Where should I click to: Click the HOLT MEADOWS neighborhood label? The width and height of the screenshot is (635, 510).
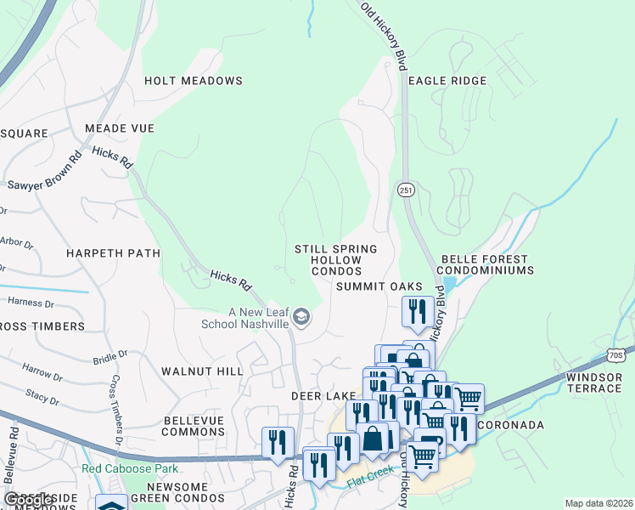pos(194,81)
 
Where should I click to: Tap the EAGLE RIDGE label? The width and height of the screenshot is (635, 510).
pos(447,81)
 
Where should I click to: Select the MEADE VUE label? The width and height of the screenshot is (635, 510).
pos(120,128)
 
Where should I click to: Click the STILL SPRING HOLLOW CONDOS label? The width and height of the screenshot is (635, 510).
pos(335,259)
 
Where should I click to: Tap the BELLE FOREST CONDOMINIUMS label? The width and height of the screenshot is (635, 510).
pos(485,264)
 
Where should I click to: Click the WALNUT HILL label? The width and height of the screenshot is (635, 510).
pos(201,371)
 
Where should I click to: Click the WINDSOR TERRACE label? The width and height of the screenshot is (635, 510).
pos(594,382)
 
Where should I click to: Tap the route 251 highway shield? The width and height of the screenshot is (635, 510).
pos(406,190)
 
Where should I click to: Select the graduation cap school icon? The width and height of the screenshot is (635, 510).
pos(301,318)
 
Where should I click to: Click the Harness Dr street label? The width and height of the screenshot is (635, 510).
pos(31,302)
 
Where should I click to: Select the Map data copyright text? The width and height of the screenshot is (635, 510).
pos(598,503)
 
